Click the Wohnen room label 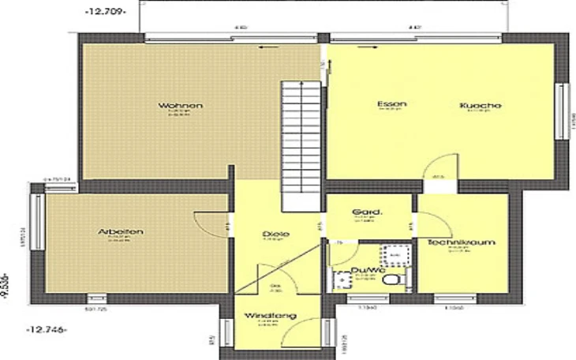(181, 106)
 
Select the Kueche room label (481, 106)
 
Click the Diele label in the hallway (276, 234)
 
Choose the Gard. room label (368, 212)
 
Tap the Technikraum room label (461, 242)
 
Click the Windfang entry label (270, 317)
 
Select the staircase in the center (302, 145)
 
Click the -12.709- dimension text (105, 13)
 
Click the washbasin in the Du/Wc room (341, 279)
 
